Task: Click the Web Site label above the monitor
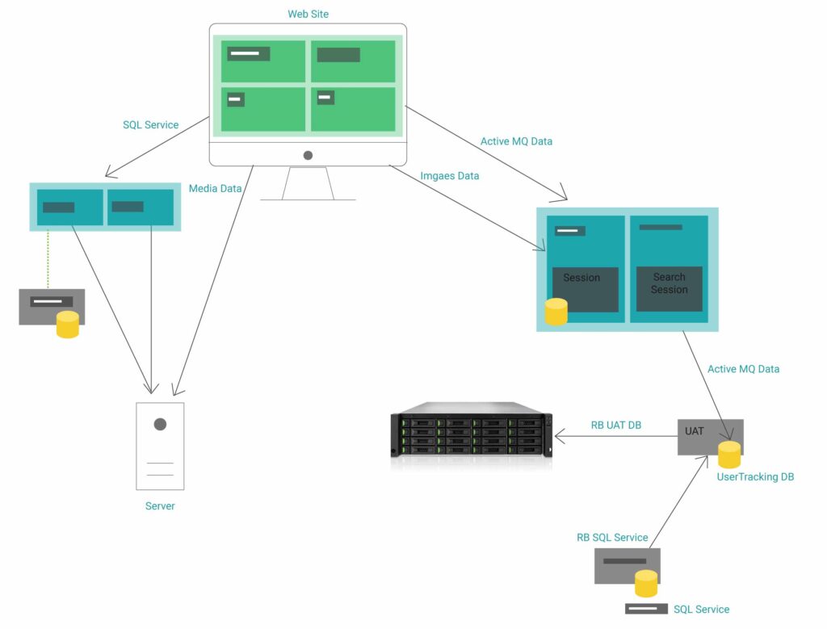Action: (x=308, y=15)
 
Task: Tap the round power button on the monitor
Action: (x=308, y=155)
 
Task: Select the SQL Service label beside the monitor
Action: (x=150, y=125)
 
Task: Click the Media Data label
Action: (x=215, y=189)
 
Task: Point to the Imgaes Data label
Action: (x=450, y=176)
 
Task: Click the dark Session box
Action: (x=585, y=288)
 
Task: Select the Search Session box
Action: (x=669, y=283)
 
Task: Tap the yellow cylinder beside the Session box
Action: (x=556, y=312)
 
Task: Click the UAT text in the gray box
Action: (x=694, y=431)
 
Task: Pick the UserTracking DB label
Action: (x=755, y=477)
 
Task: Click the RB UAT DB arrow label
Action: (x=615, y=426)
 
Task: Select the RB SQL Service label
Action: (x=611, y=538)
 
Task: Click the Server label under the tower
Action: (x=160, y=506)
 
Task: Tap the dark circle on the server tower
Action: (x=160, y=424)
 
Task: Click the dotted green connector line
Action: (x=48, y=258)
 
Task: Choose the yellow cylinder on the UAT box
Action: (x=729, y=455)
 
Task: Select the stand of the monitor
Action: (x=308, y=183)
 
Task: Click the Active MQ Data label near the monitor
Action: (x=516, y=142)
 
